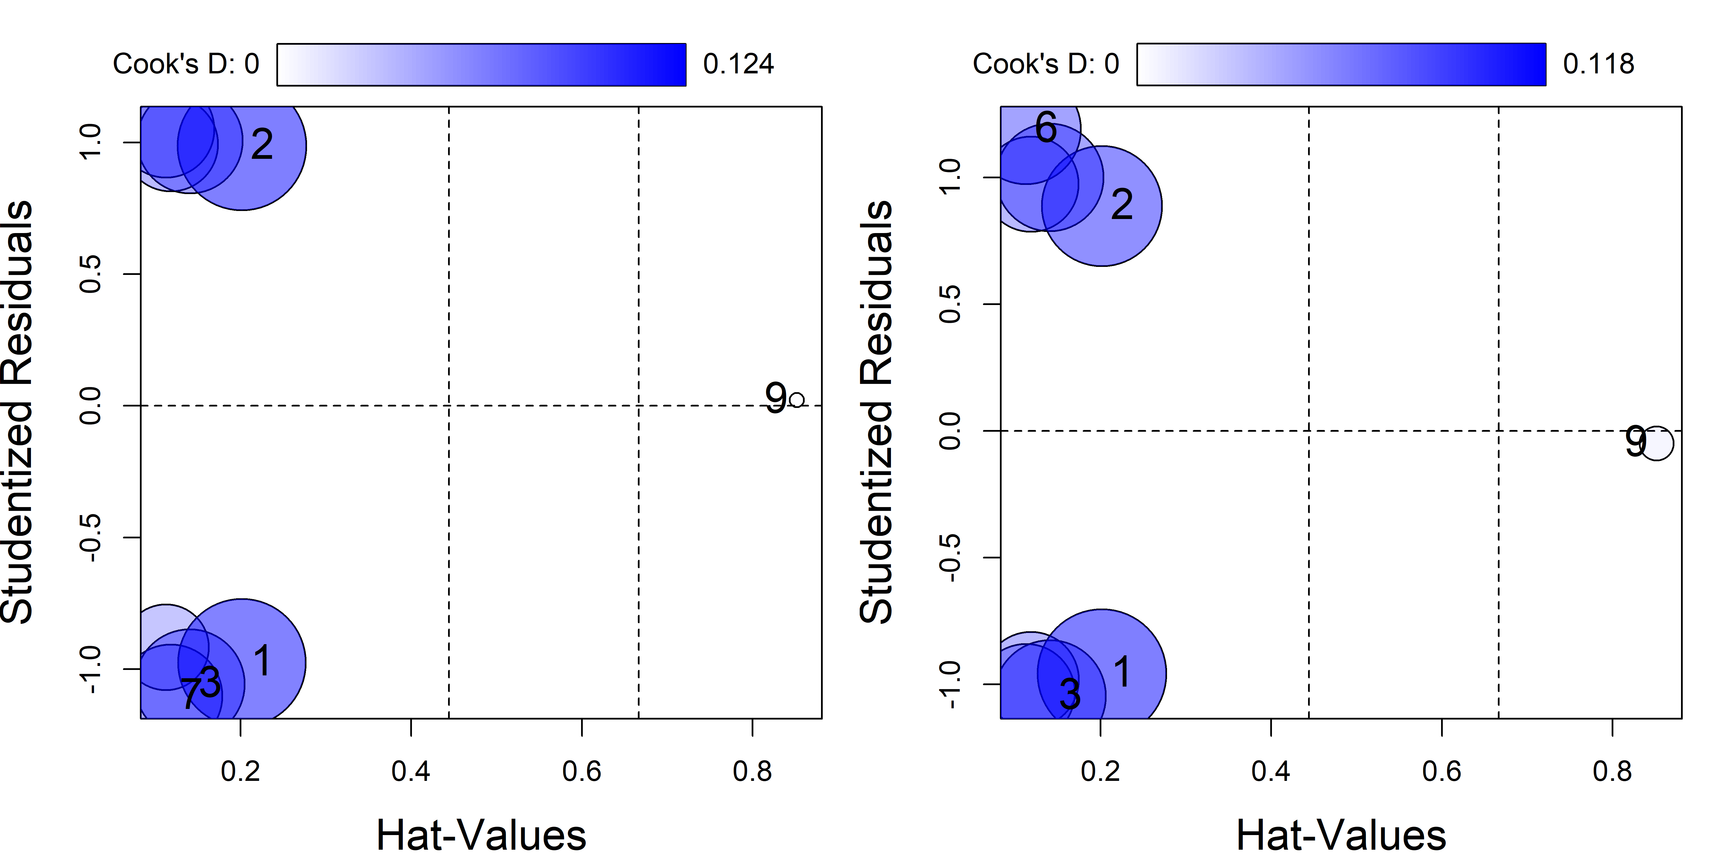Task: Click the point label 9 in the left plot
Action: pyautogui.click(x=775, y=399)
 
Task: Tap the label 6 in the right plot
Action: pyautogui.click(x=1046, y=127)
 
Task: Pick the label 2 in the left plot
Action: pyautogui.click(x=262, y=144)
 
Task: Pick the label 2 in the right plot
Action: pyautogui.click(x=1122, y=204)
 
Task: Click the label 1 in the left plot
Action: pyautogui.click(x=262, y=661)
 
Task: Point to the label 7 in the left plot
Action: pyautogui.click(x=191, y=692)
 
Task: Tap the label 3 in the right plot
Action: pyautogui.click(x=1070, y=695)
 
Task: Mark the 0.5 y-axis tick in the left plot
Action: pyautogui.click(x=90, y=274)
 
